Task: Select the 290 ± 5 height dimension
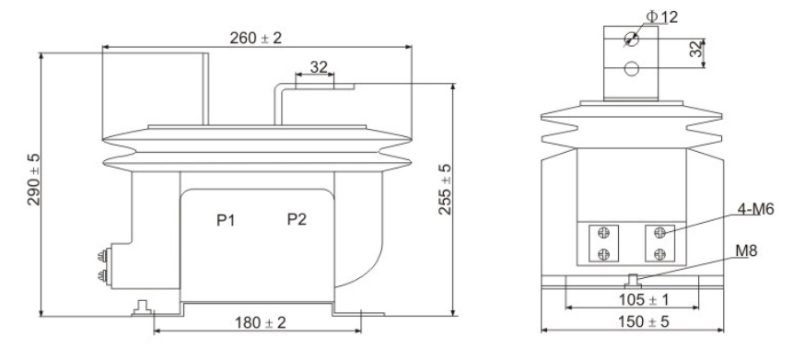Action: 33,180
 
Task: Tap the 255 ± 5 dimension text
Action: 444,190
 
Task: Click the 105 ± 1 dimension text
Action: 632,299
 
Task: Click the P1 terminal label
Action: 227,220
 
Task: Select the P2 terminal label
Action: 297,220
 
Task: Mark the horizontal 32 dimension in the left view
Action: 317,66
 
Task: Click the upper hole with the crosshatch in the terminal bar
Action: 632,39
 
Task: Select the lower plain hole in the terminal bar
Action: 632,68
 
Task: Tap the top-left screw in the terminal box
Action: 602,234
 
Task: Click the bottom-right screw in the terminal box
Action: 659,254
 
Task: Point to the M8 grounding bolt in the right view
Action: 632,279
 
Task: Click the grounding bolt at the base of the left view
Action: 140,305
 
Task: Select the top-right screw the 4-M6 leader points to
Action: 659,234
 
